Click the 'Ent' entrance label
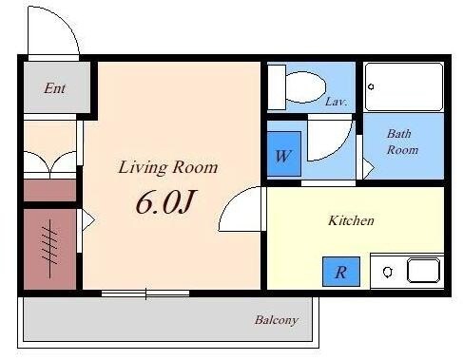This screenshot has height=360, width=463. [x=55, y=88]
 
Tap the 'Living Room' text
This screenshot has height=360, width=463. [x=168, y=167]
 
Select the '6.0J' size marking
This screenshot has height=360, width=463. [x=165, y=201]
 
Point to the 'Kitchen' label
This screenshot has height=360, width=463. [x=351, y=220]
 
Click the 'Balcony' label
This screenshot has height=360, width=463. [x=277, y=320]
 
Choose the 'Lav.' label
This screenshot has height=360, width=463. [x=336, y=102]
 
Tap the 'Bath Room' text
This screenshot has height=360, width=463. [x=402, y=142]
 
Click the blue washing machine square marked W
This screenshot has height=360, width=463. [x=284, y=154]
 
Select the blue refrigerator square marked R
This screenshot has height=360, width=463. [x=341, y=272]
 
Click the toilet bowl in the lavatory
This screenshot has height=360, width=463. [x=305, y=86]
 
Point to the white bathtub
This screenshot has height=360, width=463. [x=404, y=86]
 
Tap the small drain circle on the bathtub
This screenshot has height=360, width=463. [x=371, y=86]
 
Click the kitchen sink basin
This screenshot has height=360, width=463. [x=423, y=271]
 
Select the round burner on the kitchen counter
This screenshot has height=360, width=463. [x=387, y=272]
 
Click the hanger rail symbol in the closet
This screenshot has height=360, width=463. [x=49, y=249]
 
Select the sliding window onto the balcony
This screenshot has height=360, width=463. [x=145, y=294]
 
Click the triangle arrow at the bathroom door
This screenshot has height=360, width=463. [x=368, y=168]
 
